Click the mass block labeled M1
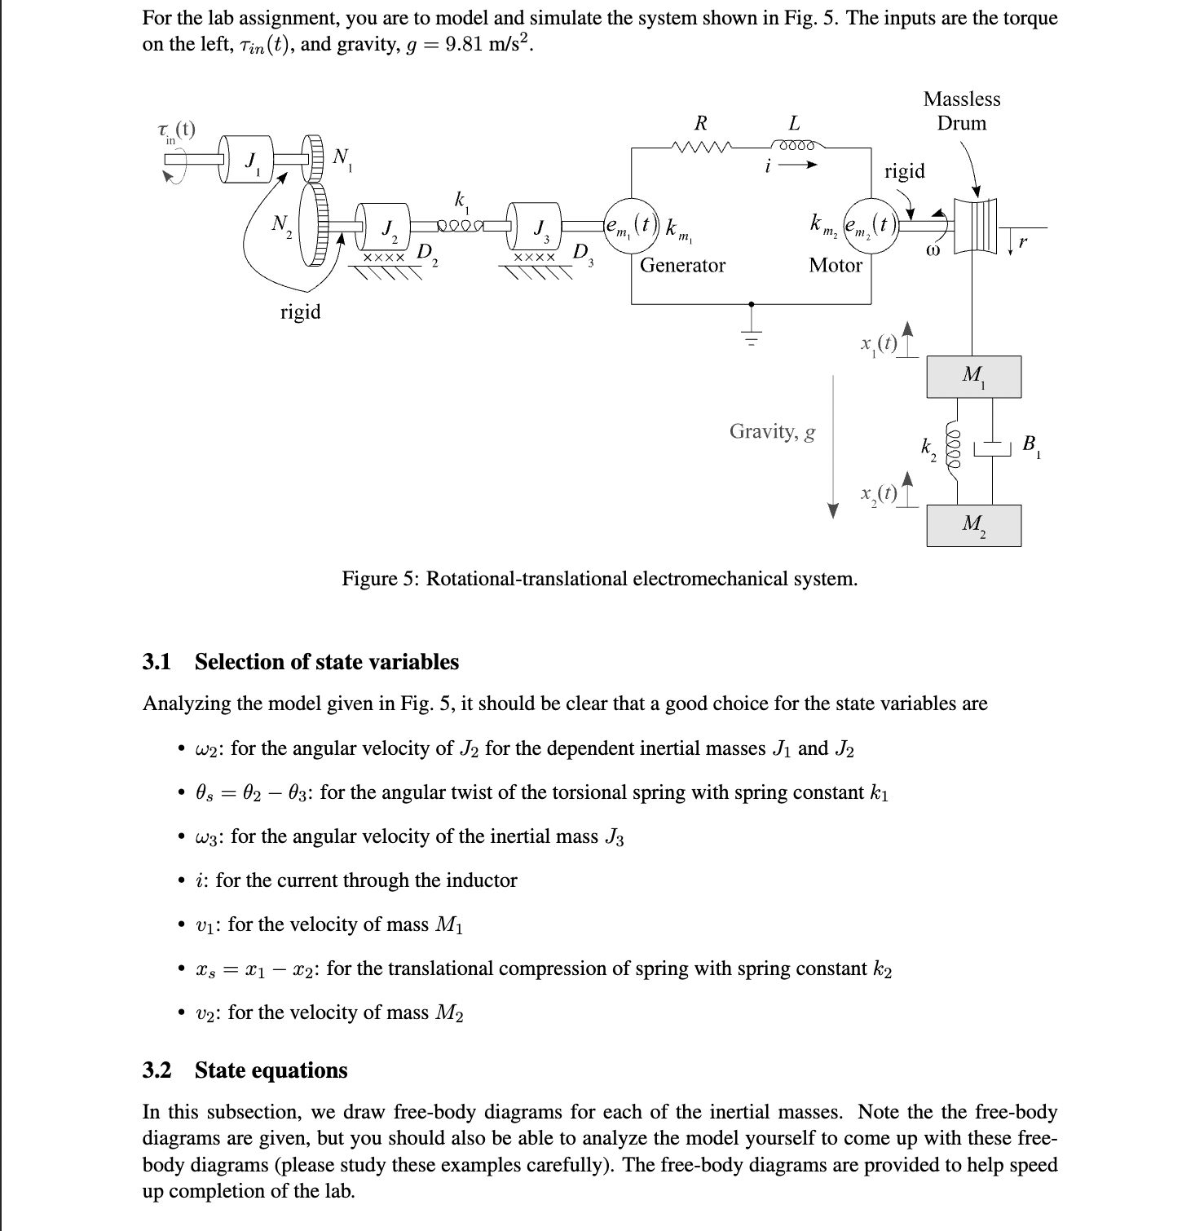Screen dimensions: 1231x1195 click(x=973, y=377)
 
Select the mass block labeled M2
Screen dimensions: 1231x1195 click(x=973, y=525)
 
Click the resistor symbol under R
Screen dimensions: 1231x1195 click(x=700, y=148)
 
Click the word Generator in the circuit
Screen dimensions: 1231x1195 click(x=682, y=265)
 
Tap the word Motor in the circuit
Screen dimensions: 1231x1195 click(x=835, y=265)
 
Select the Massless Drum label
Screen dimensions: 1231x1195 click(x=962, y=111)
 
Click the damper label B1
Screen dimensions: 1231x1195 click(x=1031, y=445)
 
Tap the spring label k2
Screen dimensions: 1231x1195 click(x=927, y=447)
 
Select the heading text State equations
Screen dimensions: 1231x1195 click(x=271, y=1070)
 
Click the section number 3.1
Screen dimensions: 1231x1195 click(x=157, y=661)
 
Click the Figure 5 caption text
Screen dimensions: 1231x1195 click(x=599, y=579)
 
